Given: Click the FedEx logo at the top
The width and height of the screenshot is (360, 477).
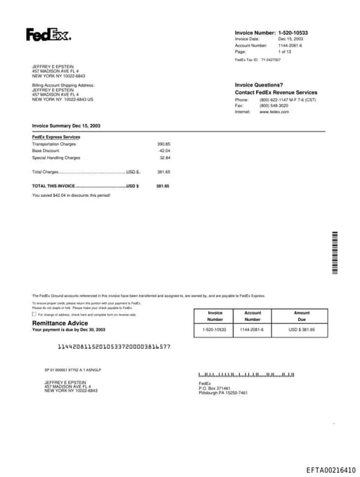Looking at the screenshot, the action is click(49, 34).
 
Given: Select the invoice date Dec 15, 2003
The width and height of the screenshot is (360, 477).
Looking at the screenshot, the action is click(290, 39).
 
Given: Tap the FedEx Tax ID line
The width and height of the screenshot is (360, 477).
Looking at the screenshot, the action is click(257, 60).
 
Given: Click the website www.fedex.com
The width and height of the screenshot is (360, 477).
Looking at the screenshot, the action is click(274, 112).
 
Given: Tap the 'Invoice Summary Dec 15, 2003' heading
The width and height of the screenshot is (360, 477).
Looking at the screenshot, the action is click(66, 125).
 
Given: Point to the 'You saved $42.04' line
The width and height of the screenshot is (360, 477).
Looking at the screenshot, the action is click(71, 194).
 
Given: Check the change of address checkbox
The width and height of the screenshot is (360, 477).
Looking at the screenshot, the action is click(34, 314).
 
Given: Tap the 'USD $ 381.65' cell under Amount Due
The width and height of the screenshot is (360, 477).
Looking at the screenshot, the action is click(302, 329).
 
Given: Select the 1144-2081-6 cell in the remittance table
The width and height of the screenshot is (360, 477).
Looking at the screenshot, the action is click(252, 329).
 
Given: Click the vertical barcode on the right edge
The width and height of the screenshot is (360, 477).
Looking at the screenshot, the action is click(335, 253).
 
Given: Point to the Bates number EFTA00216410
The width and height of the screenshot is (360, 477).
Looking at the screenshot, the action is click(330, 469).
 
